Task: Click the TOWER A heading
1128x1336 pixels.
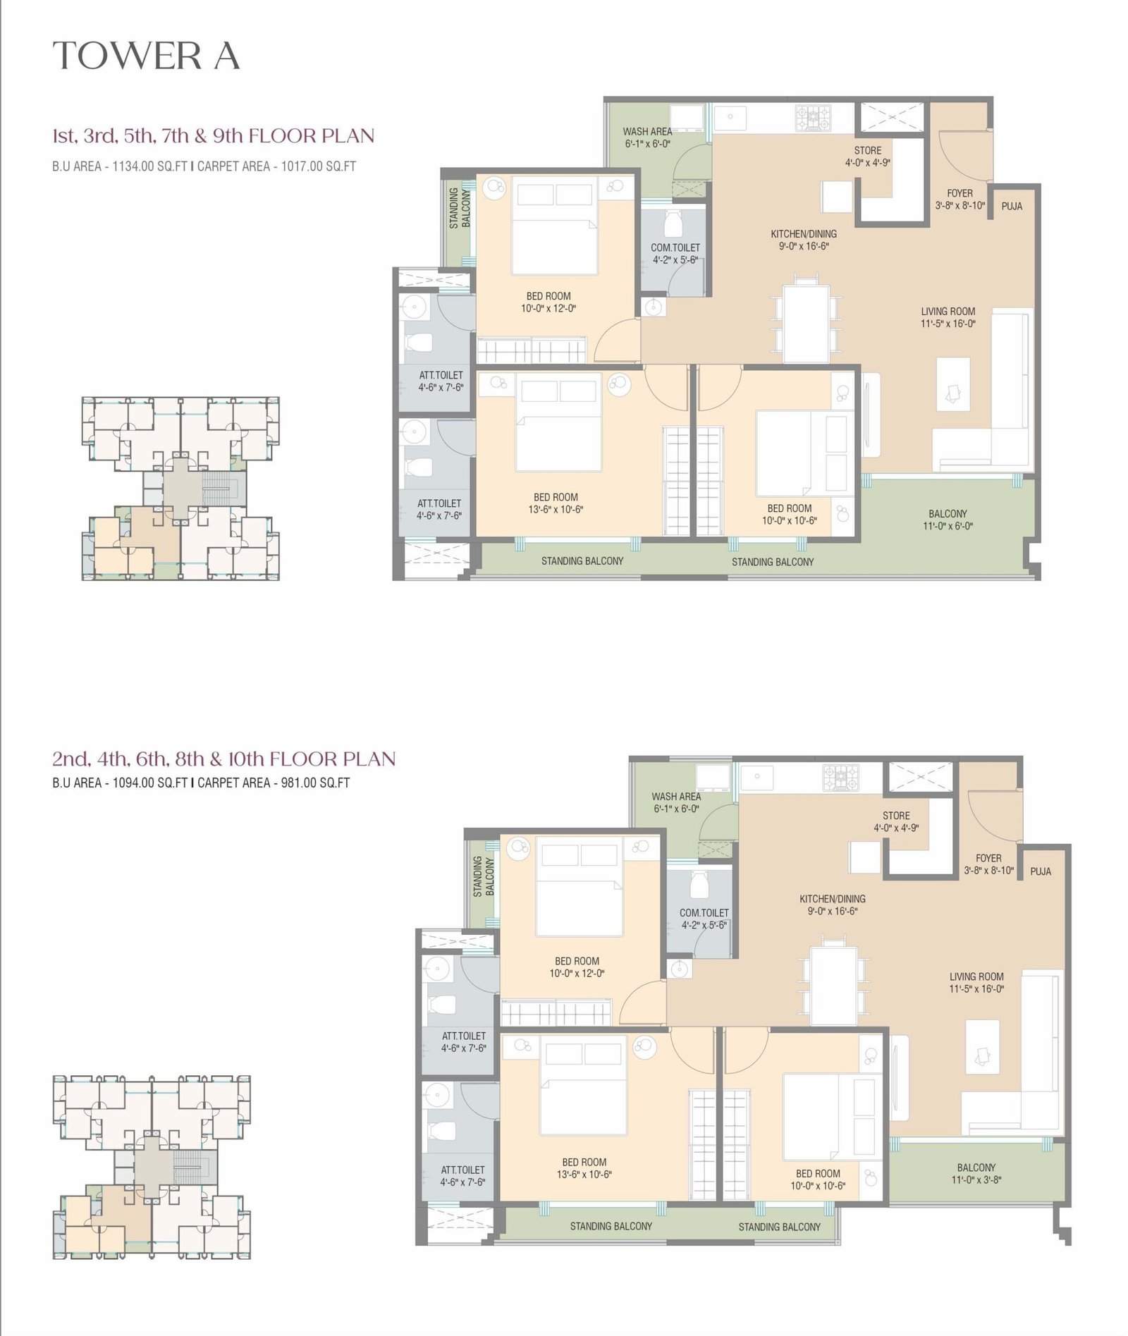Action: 146,56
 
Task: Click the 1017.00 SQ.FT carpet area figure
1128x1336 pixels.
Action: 319,167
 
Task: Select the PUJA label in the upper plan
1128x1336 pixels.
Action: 1012,207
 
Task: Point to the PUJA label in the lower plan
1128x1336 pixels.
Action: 1041,871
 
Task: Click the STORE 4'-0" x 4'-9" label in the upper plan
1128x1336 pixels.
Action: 868,156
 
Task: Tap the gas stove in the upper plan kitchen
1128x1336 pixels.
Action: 814,117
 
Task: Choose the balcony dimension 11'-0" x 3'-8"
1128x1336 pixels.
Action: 976,1179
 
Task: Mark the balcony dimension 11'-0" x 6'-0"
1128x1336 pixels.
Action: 948,526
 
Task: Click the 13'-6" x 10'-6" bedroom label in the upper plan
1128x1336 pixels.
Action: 556,510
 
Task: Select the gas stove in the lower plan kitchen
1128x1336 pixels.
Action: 840,778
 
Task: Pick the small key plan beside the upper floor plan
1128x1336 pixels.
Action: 180,489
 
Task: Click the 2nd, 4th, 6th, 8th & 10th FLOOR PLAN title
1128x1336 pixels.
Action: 224,759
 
